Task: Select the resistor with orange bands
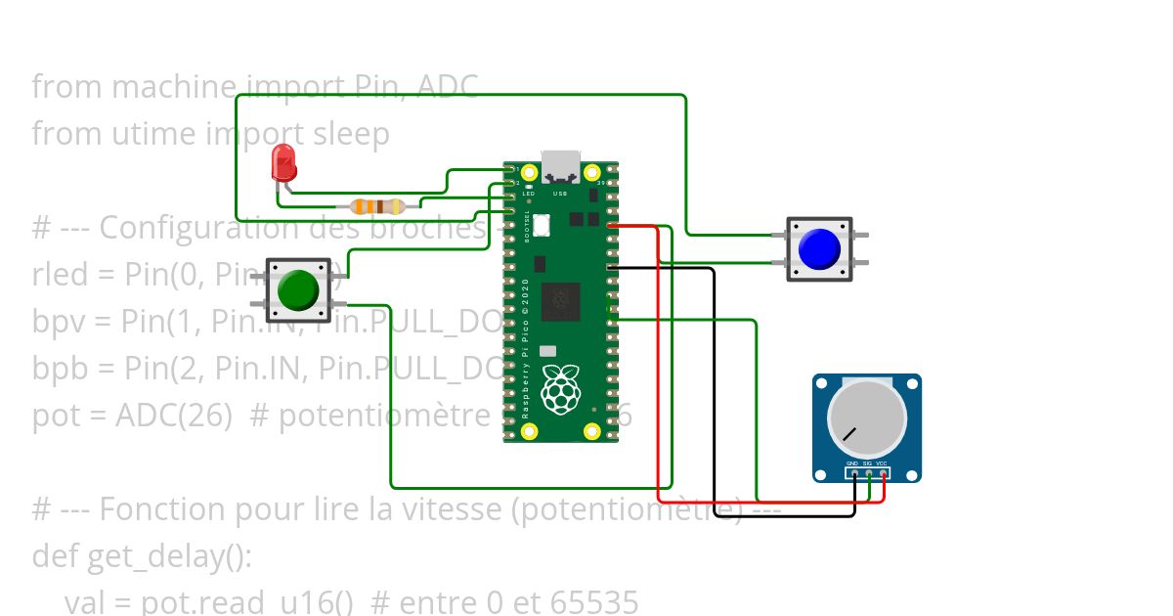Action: tap(377, 206)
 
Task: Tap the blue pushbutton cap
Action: tap(819, 249)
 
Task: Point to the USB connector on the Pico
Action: tap(561, 167)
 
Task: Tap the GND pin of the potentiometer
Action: tap(854, 474)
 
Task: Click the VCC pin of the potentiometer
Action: tap(884, 474)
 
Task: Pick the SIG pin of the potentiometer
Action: tap(869, 474)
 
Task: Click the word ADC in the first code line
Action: tap(448, 87)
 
